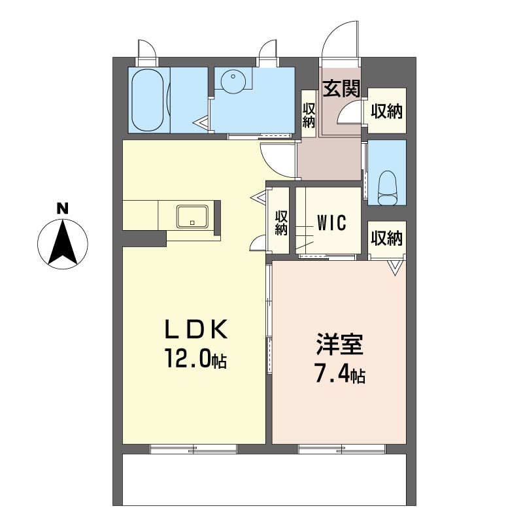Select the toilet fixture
[387, 188]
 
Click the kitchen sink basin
[192, 216]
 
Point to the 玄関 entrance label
[341, 89]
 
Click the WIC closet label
[331, 223]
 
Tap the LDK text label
[197, 329]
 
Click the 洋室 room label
[340, 344]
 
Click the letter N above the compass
[62, 209]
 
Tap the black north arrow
[63, 242]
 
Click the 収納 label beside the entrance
[387, 110]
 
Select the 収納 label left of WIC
[281, 223]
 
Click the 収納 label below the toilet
[387, 238]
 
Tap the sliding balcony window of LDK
[194, 449]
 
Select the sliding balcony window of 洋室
[341, 449]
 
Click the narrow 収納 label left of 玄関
[309, 116]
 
